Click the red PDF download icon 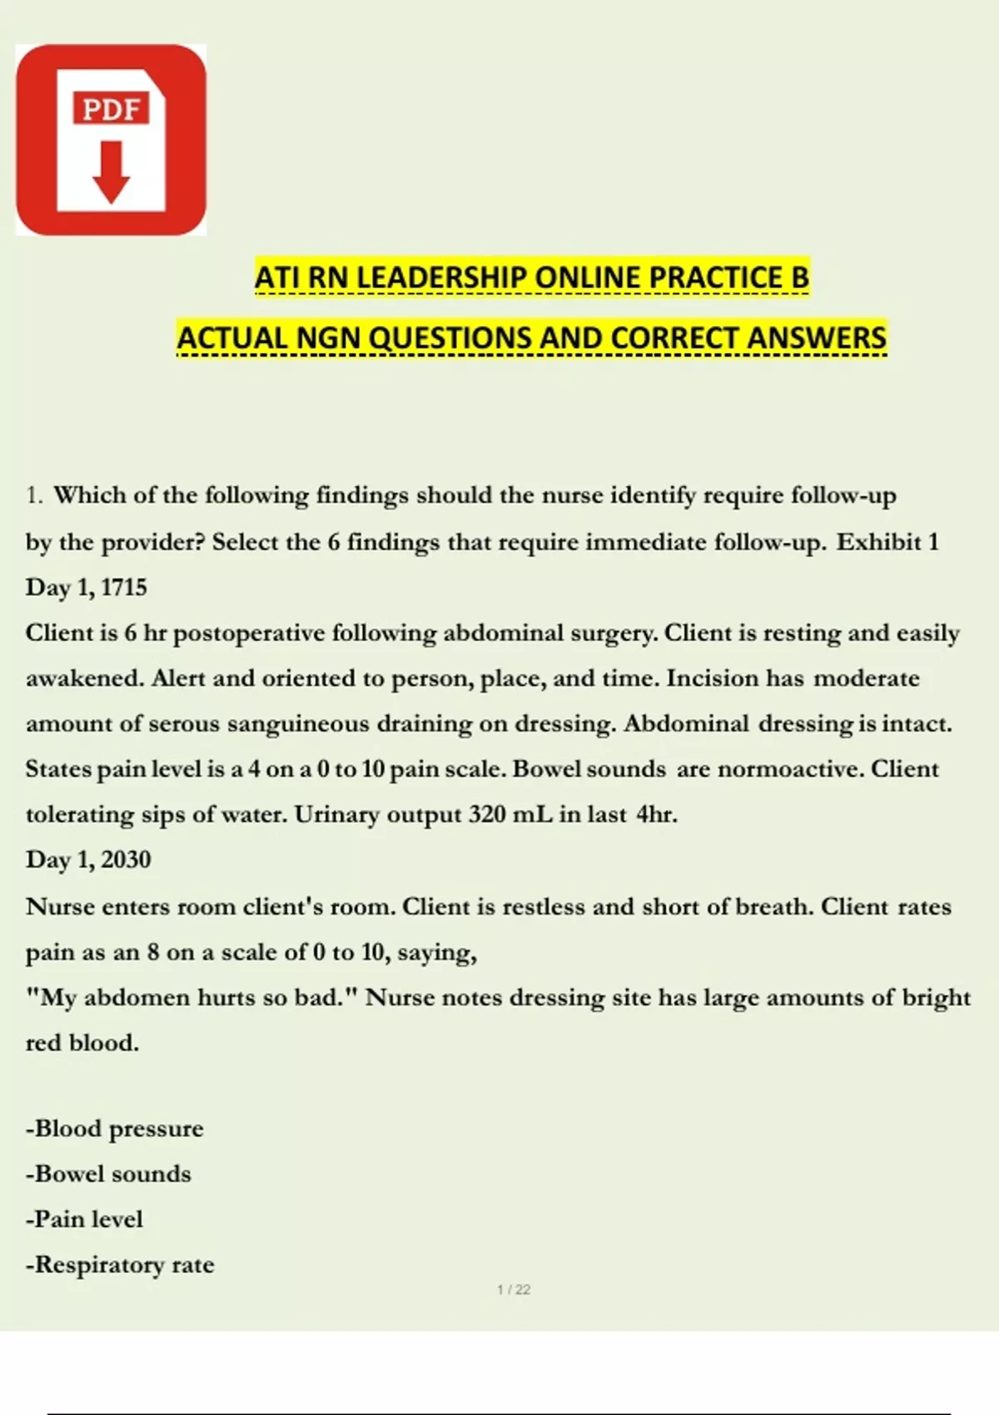[111, 140]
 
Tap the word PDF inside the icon [111, 109]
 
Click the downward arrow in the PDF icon [111, 172]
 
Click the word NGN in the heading [329, 339]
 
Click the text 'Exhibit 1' [887, 542]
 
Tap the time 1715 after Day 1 [124, 588]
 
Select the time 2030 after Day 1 [126, 860]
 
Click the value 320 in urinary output [486, 814]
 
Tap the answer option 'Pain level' [85, 1220]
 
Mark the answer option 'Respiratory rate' [121, 1265]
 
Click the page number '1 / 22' [514, 1290]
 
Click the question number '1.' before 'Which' [34, 496]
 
